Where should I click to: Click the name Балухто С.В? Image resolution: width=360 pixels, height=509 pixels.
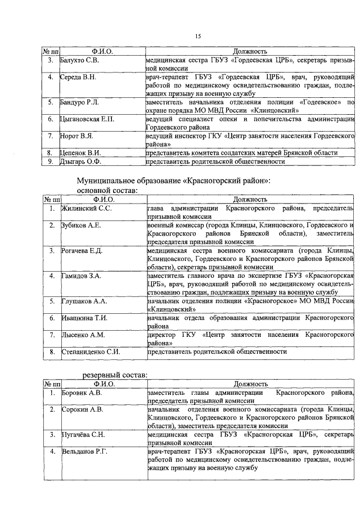79,60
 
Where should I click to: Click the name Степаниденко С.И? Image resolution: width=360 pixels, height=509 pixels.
91,352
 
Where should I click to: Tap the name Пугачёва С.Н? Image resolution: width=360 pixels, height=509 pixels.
84,434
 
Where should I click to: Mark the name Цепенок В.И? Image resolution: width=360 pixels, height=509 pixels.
81,153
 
